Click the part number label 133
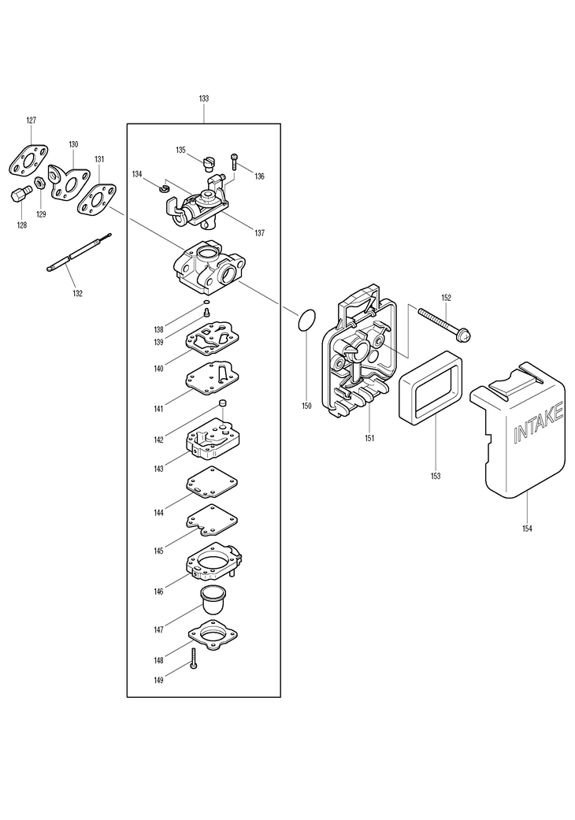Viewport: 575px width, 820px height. click(x=204, y=98)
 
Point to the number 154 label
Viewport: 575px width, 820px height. click(x=526, y=529)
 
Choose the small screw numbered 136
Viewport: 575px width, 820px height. click(x=234, y=161)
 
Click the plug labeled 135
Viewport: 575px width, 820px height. click(x=207, y=162)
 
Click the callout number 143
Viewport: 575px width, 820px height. click(x=159, y=469)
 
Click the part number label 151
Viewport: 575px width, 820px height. click(x=369, y=438)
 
